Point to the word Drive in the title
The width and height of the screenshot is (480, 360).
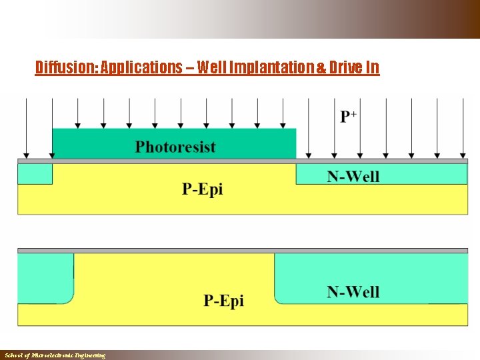[x=349, y=68]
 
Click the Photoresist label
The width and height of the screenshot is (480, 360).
[x=175, y=147]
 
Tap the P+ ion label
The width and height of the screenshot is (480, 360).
[x=349, y=117]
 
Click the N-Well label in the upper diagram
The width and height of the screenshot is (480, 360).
[x=353, y=177]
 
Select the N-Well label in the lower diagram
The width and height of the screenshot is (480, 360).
[x=353, y=292]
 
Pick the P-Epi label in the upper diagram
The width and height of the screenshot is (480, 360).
[x=203, y=189]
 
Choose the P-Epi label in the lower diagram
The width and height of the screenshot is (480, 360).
[x=223, y=301]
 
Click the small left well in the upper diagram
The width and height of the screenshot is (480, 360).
[x=35, y=174]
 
